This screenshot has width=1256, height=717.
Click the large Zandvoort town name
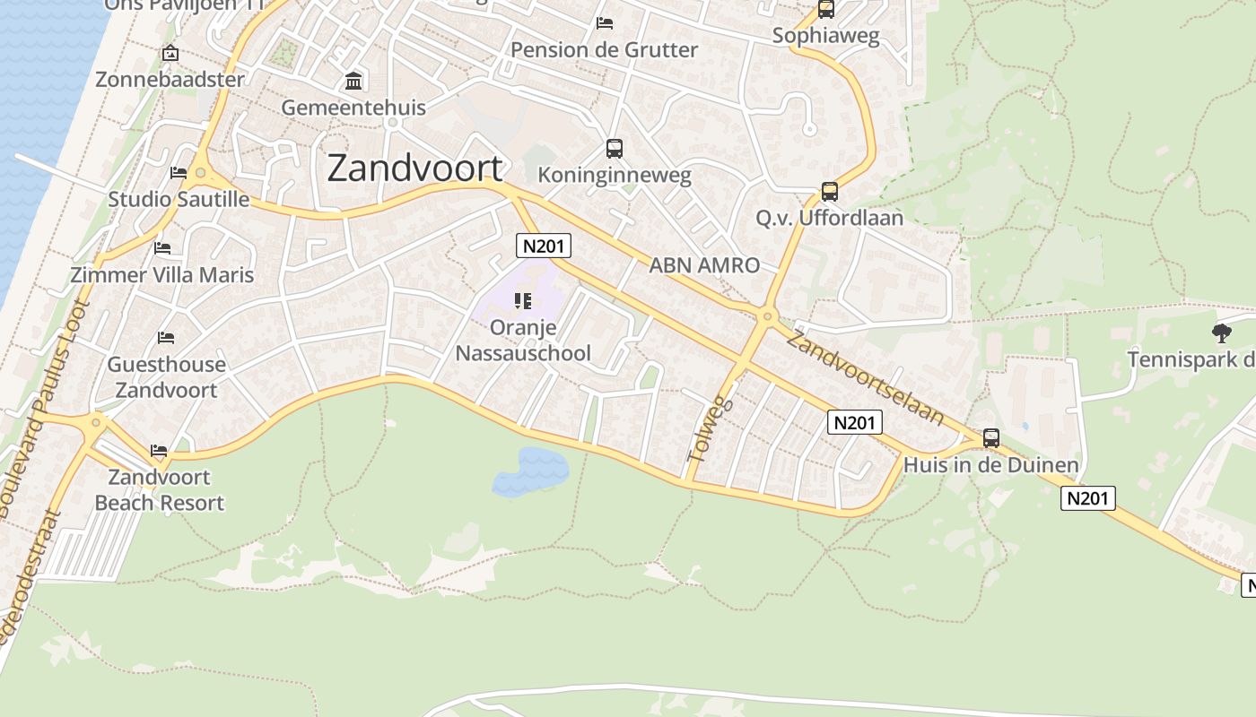(x=414, y=168)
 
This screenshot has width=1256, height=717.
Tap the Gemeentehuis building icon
(x=353, y=82)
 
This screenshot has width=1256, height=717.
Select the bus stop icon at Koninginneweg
(x=615, y=149)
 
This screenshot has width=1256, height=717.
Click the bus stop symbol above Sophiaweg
(x=826, y=10)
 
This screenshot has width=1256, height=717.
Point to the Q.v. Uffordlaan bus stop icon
(x=830, y=191)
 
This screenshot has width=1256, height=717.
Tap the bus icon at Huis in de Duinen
(x=991, y=438)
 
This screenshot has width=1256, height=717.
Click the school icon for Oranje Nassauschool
(x=523, y=301)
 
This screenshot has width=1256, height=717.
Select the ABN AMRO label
(x=704, y=265)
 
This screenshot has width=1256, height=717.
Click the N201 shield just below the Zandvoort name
(x=544, y=246)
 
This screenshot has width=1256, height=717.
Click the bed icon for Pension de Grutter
(x=605, y=22)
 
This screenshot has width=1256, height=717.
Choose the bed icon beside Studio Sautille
(x=179, y=172)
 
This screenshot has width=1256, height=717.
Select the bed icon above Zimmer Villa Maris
(x=162, y=247)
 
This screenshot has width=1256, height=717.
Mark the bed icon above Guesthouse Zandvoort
(x=166, y=338)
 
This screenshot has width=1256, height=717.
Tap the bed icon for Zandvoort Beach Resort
(x=159, y=450)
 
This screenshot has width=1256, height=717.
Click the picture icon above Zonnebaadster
(x=170, y=53)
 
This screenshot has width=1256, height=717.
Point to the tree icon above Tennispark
(x=1221, y=333)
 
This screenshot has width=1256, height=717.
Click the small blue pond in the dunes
(x=531, y=471)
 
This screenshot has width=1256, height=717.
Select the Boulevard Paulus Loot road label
(x=45, y=408)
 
